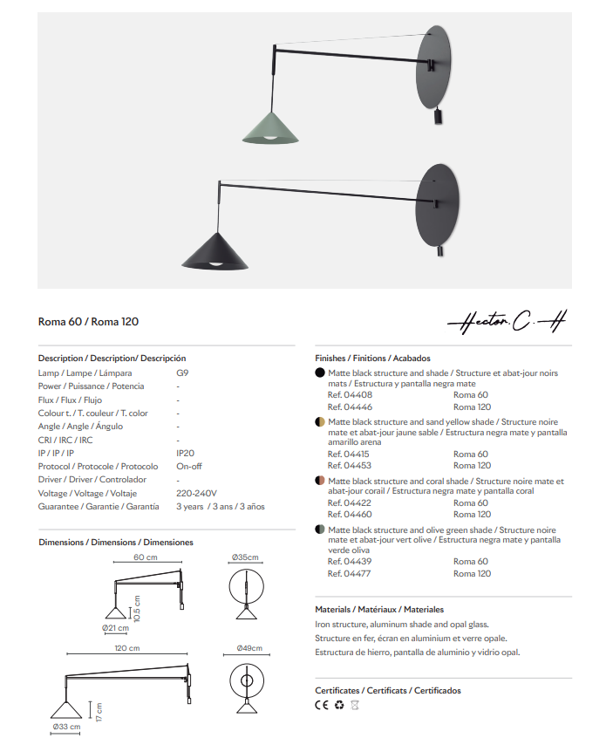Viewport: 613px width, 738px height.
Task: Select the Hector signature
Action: click(x=506, y=323)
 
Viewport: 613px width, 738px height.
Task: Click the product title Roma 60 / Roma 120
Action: click(x=88, y=322)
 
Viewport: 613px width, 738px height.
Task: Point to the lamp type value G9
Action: click(x=182, y=373)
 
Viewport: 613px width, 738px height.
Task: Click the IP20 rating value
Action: click(x=185, y=454)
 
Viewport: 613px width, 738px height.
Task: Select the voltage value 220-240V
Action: click(x=196, y=493)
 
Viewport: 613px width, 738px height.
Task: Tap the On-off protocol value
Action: click(x=189, y=467)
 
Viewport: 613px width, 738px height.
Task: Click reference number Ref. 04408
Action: click(x=349, y=395)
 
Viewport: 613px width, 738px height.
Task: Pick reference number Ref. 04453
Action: click(x=349, y=466)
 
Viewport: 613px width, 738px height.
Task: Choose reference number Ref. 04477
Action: click(x=349, y=574)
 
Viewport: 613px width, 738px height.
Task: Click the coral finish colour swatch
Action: click(x=320, y=481)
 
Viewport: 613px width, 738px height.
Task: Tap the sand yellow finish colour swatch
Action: click(x=320, y=421)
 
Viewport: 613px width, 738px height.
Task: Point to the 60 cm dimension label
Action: click(x=146, y=557)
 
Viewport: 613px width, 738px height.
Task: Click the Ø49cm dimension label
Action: click(x=249, y=649)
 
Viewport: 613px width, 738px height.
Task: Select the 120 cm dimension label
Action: click(x=127, y=649)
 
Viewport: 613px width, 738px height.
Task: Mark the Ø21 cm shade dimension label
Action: click(x=115, y=628)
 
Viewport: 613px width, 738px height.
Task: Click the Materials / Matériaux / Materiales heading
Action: click(x=378, y=609)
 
